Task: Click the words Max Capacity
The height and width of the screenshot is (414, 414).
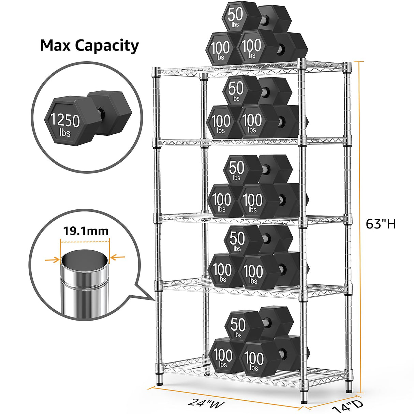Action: point(89,45)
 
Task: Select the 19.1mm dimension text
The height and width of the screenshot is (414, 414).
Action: point(86,231)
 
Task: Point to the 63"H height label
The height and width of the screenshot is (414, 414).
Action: point(381,224)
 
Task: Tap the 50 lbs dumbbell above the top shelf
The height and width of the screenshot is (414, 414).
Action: point(236,16)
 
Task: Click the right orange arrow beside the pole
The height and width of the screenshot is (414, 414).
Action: point(118,257)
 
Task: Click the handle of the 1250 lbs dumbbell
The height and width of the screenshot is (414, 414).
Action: point(100,110)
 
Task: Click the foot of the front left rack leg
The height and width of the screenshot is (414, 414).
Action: point(159,380)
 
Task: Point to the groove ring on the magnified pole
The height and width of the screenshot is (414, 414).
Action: point(85,282)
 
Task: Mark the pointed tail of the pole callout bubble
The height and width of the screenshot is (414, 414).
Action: point(152,299)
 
